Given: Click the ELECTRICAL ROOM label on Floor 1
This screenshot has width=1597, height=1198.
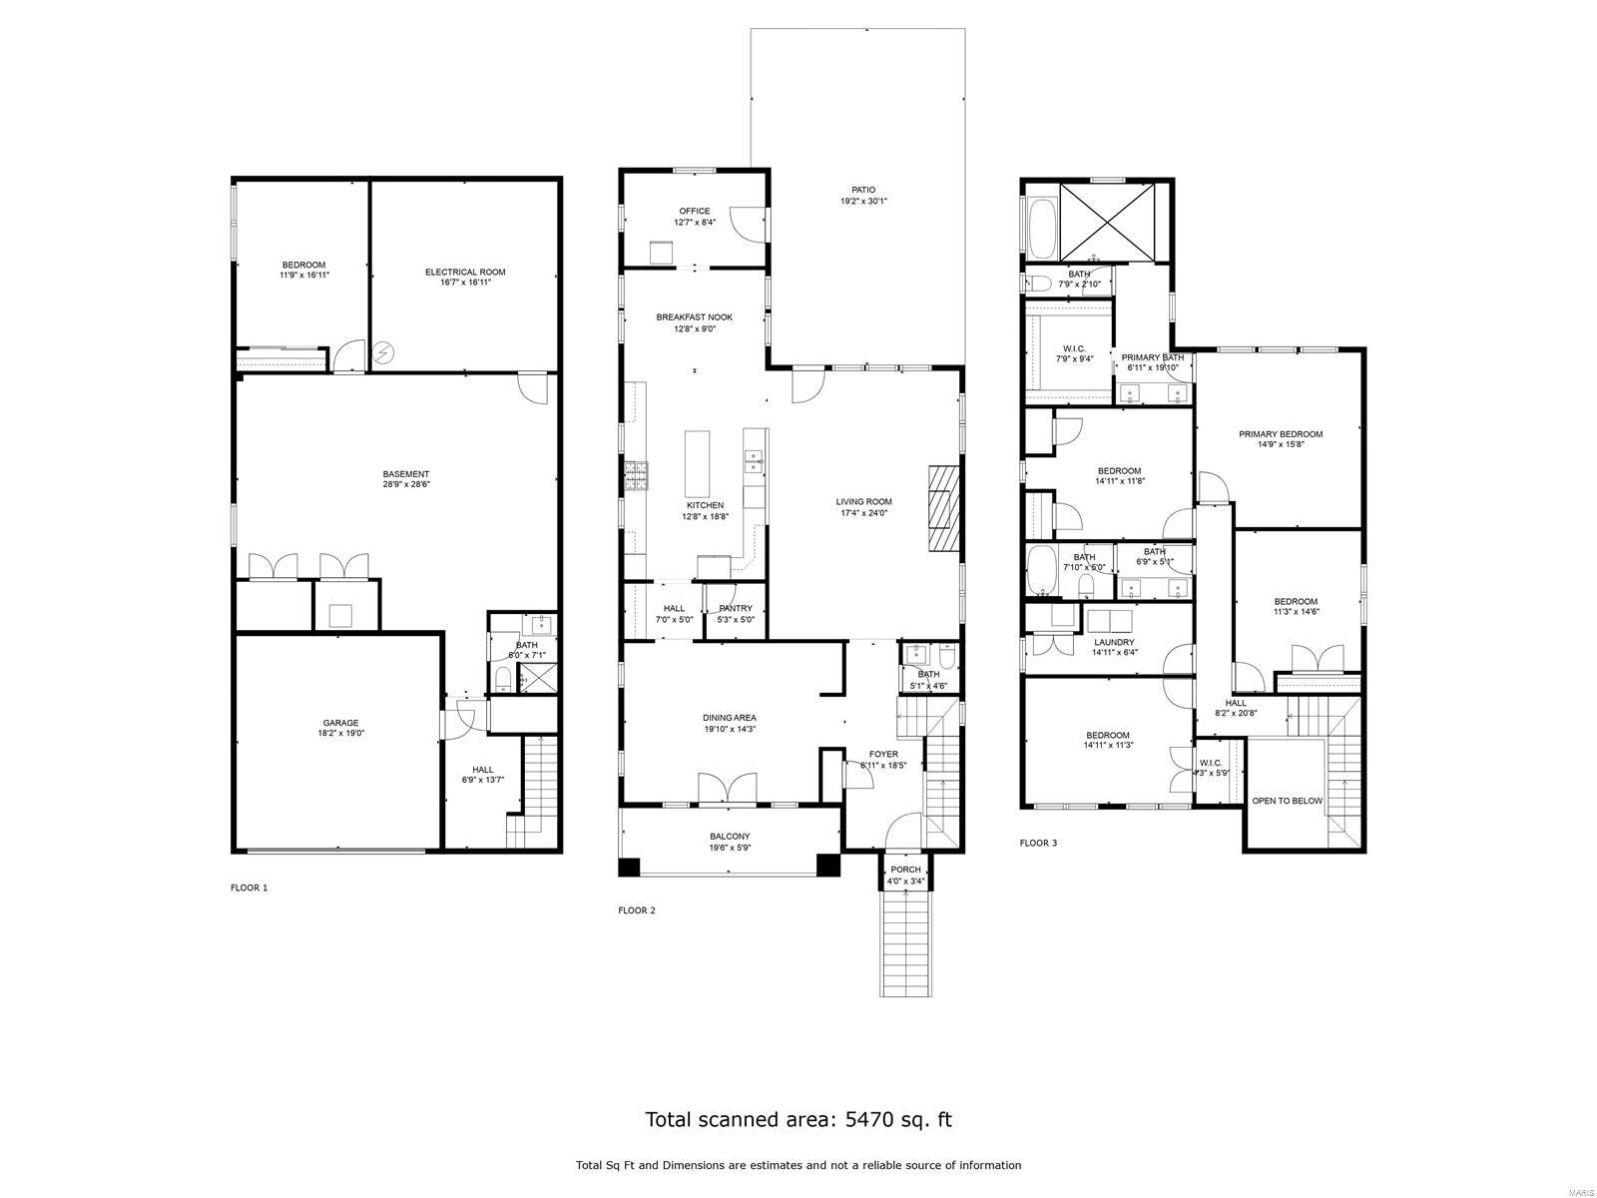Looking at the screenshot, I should (465, 272).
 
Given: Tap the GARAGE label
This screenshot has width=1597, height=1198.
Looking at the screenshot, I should (340, 723).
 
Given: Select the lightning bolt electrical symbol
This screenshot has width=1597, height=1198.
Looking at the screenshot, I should (384, 352).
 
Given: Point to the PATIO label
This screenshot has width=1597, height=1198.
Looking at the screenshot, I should (863, 190).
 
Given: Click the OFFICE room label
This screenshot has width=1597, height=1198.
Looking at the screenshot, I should (695, 211).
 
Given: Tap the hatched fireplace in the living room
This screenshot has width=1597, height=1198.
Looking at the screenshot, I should (942, 508).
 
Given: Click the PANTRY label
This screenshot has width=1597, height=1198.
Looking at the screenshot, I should (736, 608).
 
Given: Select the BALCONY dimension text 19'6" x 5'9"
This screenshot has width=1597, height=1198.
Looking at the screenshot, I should (730, 848).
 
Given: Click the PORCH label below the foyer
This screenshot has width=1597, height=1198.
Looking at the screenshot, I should (906, 870).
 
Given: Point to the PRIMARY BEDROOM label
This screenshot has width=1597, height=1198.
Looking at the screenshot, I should (1281, 434).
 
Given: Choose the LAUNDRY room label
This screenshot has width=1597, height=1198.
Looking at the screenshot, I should (1114, 642).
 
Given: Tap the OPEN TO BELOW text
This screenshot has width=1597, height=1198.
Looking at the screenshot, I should (1288, 801).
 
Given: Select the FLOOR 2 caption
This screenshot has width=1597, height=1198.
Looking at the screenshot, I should (637, 910).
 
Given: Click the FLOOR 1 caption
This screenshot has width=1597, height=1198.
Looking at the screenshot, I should (250, 888).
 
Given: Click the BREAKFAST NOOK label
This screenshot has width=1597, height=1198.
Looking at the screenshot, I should (695, 317).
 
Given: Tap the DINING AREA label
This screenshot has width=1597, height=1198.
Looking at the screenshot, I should (730, 718).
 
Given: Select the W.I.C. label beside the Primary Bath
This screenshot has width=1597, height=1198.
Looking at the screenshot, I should (1067, 348).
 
